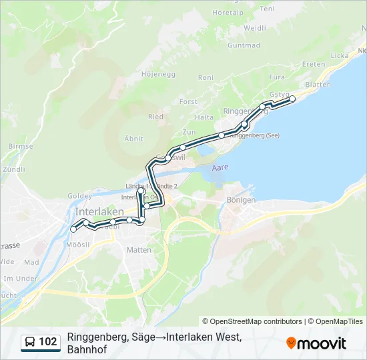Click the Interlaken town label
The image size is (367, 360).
pos(95,211)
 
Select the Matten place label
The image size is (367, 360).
pos(139,250)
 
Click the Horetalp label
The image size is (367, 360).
pos(228,31)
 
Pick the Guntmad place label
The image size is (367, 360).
pos(244,45)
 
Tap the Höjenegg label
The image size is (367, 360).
pos(158,74)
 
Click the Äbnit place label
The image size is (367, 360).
pos(134,138)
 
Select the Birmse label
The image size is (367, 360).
pos(21,146)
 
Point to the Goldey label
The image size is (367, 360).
pos(79,196)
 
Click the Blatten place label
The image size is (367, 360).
pos(317,85)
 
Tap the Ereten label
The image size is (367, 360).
pos(314,64)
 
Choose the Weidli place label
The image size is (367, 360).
pos(255,28)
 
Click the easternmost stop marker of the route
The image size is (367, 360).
pos(292,99)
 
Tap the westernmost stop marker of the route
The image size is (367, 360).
pos(73,229)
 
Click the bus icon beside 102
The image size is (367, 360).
pos(31,343)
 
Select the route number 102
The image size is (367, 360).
pos(48,343)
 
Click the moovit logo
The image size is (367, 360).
pos(316,343)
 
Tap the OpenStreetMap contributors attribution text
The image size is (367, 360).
pos(252,321)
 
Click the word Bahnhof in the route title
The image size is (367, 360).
pos(87,349)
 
